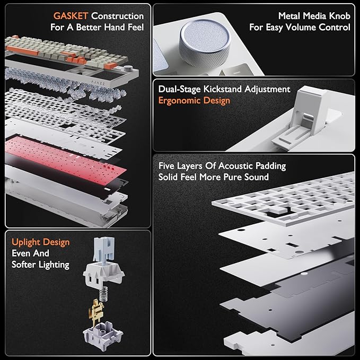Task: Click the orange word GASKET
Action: coord(71,16)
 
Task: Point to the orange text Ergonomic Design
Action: coord(194,101)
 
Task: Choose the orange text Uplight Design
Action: coord(40,242)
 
